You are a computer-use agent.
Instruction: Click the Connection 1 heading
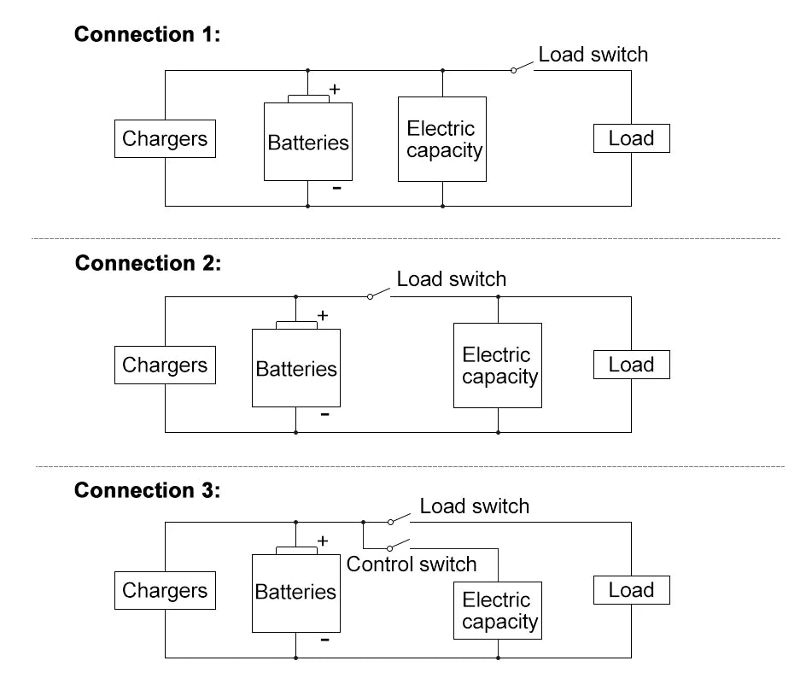click(x=148, y=35)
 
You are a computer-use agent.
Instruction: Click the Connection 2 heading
click(x=148, y=263)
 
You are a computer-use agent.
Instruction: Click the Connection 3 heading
click(x=148, y=490)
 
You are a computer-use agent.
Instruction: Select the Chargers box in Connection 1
click(x=166, y=139)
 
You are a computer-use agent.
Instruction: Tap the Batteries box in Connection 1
click(x=308, y=142)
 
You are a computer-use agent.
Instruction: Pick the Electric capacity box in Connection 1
click(x=442, y=139)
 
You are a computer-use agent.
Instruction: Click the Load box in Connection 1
click(x=631, y=138)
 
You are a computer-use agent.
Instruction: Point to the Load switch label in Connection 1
click(x=593, y=55)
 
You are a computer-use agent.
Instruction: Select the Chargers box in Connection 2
click(x=166, y=365)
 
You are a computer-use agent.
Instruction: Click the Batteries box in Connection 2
click(x=296, y=368)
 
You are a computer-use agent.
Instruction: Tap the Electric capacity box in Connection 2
click(x=498, y=365)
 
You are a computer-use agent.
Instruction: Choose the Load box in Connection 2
click(x=631, y=365)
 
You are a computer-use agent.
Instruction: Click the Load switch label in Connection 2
click(x=451, y=279)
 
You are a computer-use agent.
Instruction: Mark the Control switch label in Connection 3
click(x=412, y=564)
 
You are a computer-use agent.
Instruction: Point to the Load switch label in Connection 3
click(x=474, y=506)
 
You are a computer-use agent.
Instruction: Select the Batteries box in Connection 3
click(x=296, y=592)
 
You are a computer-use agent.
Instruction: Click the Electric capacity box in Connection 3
click(x=498, y=611)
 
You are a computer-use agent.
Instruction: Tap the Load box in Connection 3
click(x=631, y=590)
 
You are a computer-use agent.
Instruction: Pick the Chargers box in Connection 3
click(x=166, y=591)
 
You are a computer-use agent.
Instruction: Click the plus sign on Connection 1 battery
click(x=335, y=89)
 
